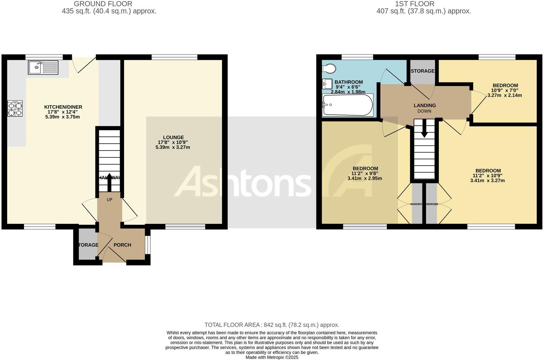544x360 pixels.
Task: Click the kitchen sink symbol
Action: tap(43, 67)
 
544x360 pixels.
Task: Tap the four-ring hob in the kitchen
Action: tap(15, 108)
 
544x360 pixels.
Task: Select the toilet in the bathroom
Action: tap(329, 68)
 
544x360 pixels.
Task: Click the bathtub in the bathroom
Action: tap(348, 105)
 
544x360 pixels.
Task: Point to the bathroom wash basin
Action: tap(327, 84)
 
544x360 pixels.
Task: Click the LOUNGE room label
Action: tap(173, 137)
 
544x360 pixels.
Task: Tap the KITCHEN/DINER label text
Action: tap(63, 107)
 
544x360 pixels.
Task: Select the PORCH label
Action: tap(122, 245)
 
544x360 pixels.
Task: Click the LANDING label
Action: tap(425, 106)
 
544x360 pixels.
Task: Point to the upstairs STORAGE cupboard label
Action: tap(422, 71)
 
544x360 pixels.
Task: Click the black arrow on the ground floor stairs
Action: tap(109, 182)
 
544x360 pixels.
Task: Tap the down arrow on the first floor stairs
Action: tap(424, 129)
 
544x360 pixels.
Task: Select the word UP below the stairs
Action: tap(109, 200)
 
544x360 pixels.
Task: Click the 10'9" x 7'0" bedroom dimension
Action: tap(505, 90)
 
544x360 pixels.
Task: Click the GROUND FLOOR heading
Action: tap(103, 4)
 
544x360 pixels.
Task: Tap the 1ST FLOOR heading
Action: tap(415, 4)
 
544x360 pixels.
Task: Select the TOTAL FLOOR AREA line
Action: tap(272, 325)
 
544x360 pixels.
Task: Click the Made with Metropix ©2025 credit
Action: tap(272, 357)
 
